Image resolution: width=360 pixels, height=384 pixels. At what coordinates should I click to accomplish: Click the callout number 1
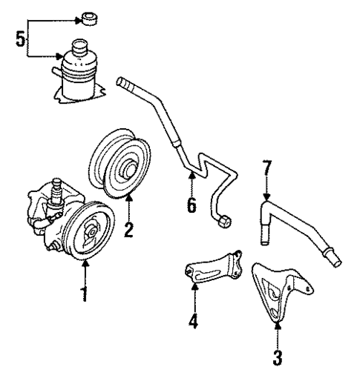pos(85,294)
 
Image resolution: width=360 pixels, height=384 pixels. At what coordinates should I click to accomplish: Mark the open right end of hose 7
pos(336,262)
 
